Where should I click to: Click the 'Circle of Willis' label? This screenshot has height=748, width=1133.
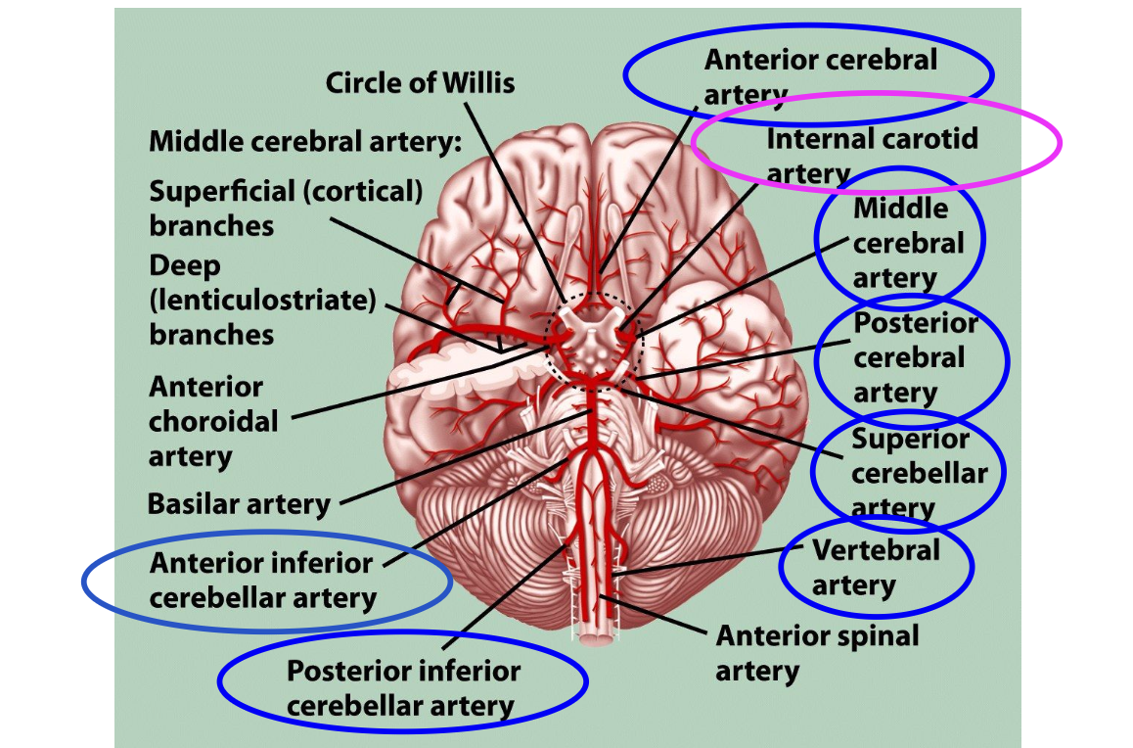coord(420,82)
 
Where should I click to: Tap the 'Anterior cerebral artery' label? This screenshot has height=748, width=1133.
coord(820,75)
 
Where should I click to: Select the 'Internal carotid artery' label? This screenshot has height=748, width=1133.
coord(871,155)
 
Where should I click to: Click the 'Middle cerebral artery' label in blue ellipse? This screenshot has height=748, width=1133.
coord(900,243)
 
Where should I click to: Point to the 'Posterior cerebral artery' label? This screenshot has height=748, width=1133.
coord(914,357)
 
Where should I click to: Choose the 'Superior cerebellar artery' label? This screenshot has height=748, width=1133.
coord(918,473)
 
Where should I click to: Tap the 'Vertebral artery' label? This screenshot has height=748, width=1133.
coord(875,567)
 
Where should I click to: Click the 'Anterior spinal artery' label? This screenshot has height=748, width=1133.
coord(816,653)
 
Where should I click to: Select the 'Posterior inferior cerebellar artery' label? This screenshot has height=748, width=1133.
coord(402,687)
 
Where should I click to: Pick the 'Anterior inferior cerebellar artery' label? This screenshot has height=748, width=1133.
coord(262,581)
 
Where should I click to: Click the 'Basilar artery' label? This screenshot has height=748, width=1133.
coord(239,504)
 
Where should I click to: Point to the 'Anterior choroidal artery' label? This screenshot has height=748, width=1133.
coord(213,421)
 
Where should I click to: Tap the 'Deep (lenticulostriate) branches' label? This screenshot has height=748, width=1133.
coord(262,300)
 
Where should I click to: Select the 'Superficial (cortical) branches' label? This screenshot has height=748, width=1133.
coord(286,208)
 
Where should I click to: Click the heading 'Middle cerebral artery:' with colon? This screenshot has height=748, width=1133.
coord(304,141)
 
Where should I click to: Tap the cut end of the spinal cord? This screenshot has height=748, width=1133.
coord(594,637)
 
